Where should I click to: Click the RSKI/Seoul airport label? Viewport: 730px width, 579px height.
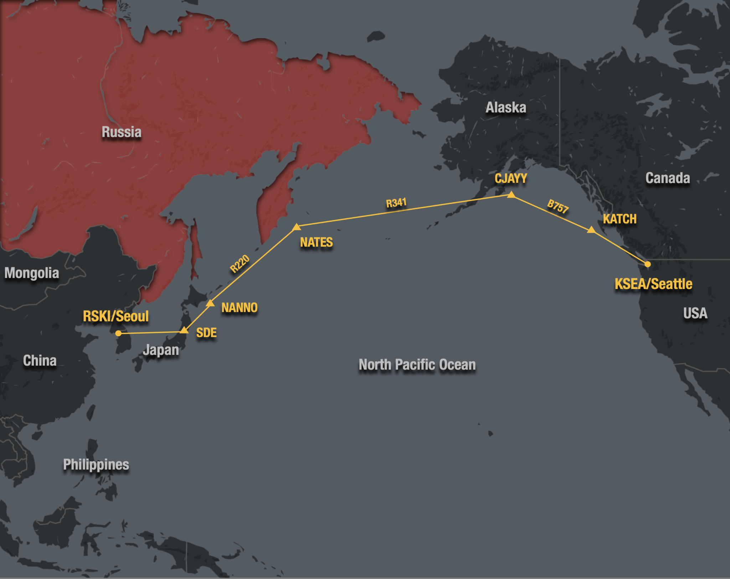pyautogui.click(x=116, y=316)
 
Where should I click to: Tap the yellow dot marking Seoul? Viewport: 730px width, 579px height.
pyautogui.click(x=119, y=334)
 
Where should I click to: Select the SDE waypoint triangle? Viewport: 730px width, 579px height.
pyautogui.click(x=184, y=330)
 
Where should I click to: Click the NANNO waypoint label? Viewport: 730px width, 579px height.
pyautogui.click(x=240, y=307)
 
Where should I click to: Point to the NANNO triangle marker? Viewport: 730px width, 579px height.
pyautogui.click(x=210, y=303)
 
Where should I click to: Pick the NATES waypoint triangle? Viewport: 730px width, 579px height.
pyautogui.click(x=297, y=227)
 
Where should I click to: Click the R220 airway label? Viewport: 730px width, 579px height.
pyautogui.click(x=240, y=264)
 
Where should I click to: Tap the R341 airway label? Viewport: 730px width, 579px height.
pyautogui.click(x=396, y=203)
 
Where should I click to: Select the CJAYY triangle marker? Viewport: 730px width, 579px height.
pyautogui.click(x=511, y=195)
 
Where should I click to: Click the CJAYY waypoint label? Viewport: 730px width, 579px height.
pyautogui.click(x=511, y=179)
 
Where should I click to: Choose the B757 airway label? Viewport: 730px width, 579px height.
pyautogui.click(x=558, y=206)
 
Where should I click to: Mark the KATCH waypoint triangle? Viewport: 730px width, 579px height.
pyautogui.click(x=591, y=230)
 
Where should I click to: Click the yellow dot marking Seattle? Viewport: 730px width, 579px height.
pyautogui.click(x=648, y=264)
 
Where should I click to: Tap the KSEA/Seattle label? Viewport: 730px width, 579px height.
pyautogui.click(x=653, y=284)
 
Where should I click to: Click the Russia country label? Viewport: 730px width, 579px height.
pyautogui.click(x=122, y=132)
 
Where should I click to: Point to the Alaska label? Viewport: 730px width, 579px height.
pyautogui.click(x=506, y=108)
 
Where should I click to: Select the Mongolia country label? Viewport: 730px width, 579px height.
pyautogui.click(x=32, y=273)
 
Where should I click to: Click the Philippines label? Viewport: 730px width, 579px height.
pyautogui.click(x=96, y=465)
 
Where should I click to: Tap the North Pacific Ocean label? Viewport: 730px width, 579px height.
pyautogui.click(x=417, y=365)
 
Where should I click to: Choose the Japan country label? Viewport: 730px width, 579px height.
pyautogui.click(x=161, y=350)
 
